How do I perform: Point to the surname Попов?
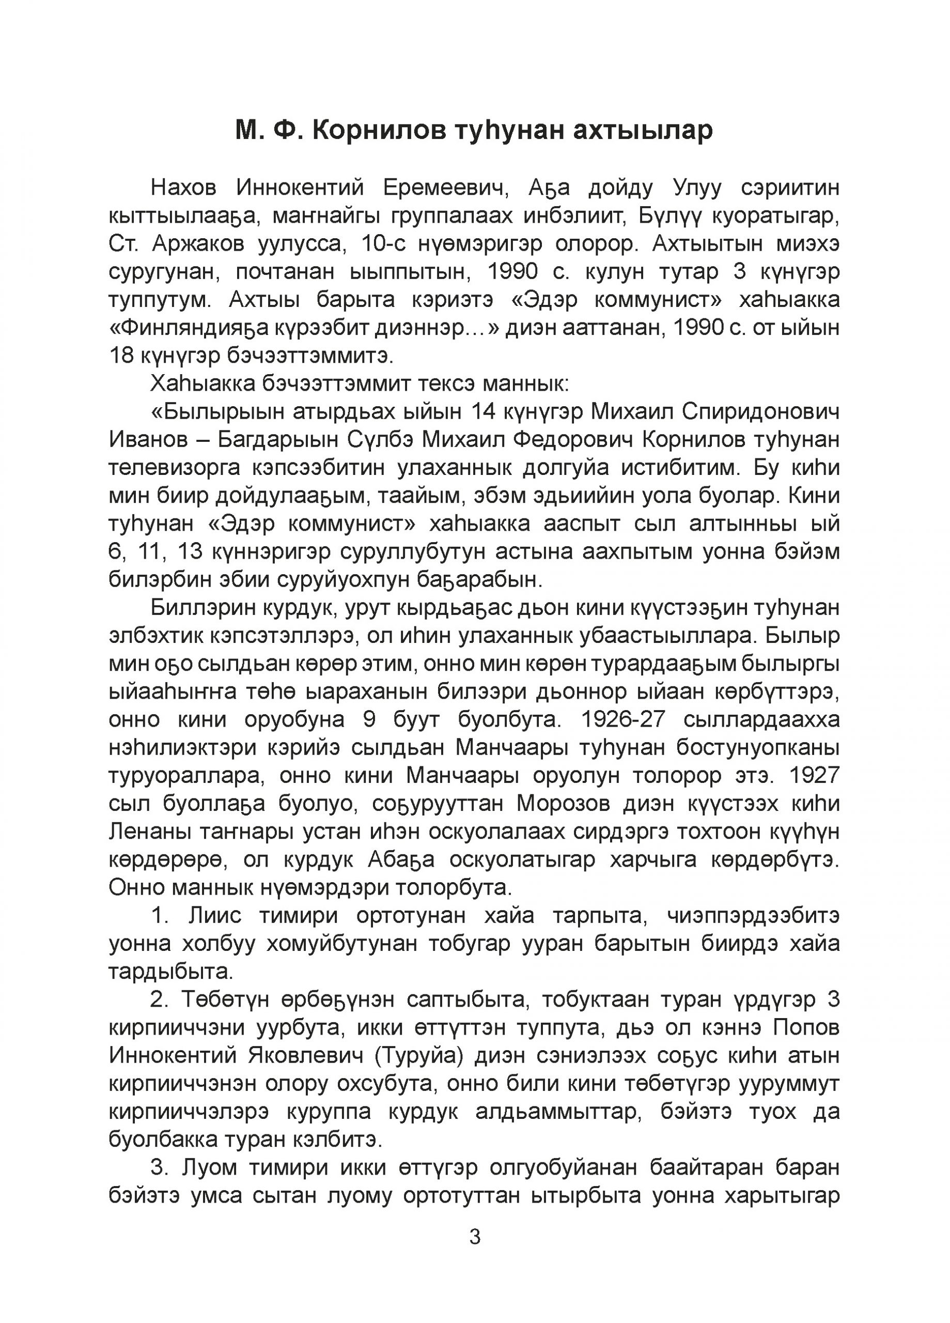click(806, 1028)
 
